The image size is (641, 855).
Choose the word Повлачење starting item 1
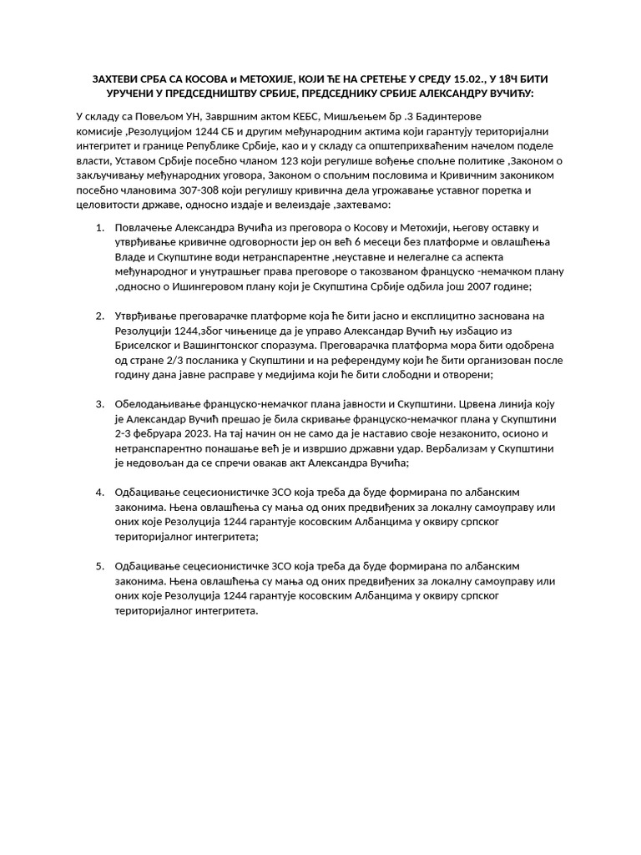143,227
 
